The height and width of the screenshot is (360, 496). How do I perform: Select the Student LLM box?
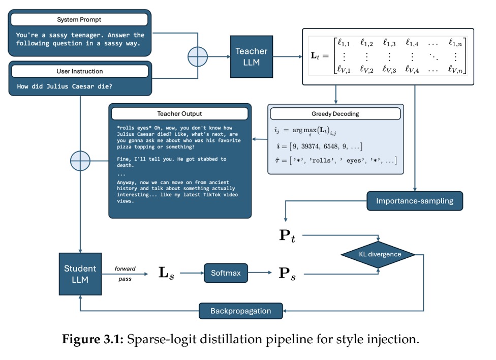click(x=80, y=274)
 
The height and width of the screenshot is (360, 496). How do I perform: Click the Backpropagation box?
click(x=241, y=311)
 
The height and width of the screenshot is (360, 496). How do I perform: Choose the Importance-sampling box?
click(x=415, y=201)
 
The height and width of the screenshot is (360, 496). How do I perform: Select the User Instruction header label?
click(x=79, y=71)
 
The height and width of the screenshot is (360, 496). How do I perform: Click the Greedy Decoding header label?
click(x=336, y=114)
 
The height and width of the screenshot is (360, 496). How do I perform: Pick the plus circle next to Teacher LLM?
click(x=198, y=57)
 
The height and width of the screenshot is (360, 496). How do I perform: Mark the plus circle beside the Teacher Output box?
click(x=80, y=161)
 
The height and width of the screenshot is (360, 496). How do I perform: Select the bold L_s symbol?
click(x=166, y=274)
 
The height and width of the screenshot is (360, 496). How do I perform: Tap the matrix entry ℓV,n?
click(x=454, y=71)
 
